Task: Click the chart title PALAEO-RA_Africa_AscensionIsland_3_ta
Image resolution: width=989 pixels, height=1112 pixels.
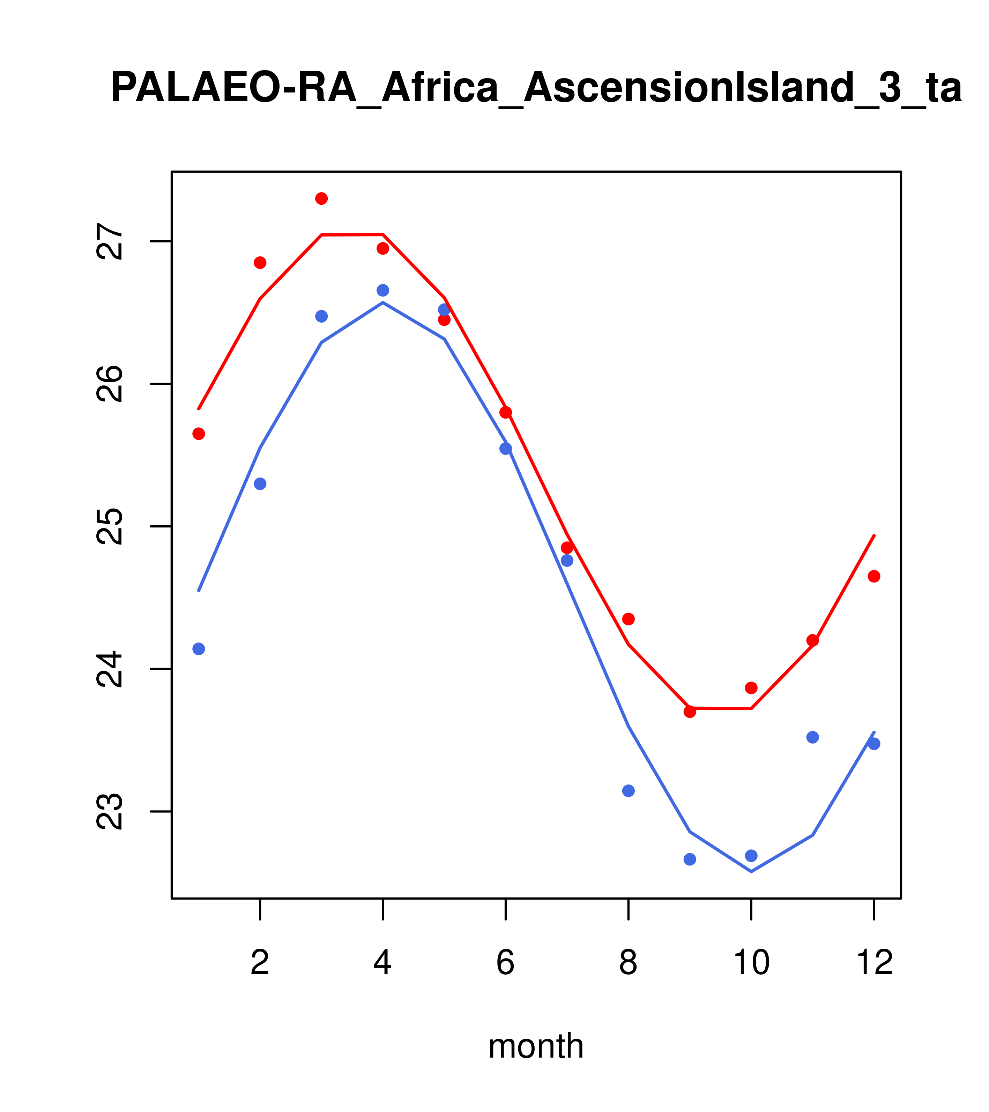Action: pos(536,88)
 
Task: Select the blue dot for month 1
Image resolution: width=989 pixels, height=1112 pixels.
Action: pos(199,649)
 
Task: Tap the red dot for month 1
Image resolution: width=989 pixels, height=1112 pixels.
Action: pos(199,434)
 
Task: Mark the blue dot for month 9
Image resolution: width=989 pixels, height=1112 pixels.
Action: pos(690,859)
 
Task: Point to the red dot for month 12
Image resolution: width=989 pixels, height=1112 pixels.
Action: pos(874,576)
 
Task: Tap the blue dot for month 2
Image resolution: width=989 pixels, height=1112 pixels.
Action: pos(260,484)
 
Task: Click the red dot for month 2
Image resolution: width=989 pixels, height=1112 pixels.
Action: pos(260,263)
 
